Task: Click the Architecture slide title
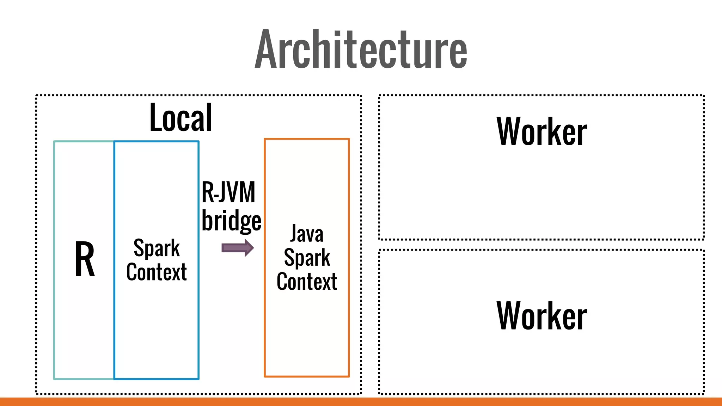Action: (x=361, y=49)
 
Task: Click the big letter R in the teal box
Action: (x=85, y=259)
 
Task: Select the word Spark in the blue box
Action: (x=157, y=248)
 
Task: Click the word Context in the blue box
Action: (x=157, y=272)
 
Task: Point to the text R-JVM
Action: (x=228, y=192)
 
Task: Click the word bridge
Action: (x=231, y=221)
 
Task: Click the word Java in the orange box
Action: (x=307, y=234)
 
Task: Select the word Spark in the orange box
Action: (x=307, y=258)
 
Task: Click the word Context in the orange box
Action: (x=307, y=282)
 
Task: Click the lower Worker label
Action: (x=541, y=316)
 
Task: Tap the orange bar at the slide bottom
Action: (x=361, y=402)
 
